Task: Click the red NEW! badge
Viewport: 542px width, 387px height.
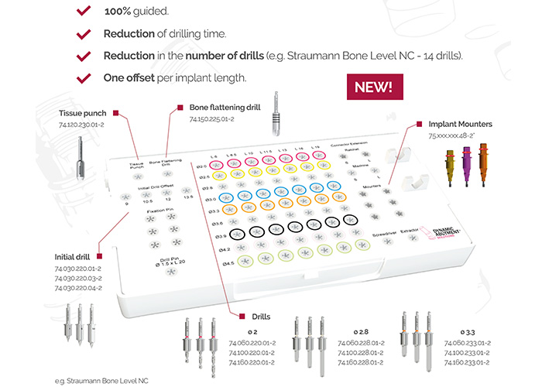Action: pyautogui.click(x=373, y=87)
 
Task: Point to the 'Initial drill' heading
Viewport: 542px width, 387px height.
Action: pyautogui.click(x=74, y=256)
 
